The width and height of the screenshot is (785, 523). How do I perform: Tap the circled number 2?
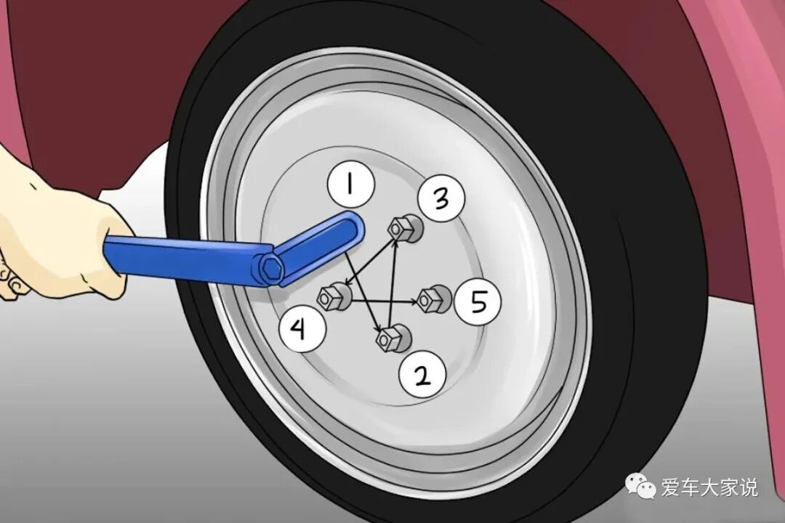point(422,375)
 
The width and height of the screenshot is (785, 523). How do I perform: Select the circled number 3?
point(440,198)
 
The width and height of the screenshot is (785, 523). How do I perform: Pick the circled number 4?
point(303,329)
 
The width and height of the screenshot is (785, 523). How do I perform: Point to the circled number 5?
point(478,301)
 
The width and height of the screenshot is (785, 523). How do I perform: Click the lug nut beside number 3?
point(406,229)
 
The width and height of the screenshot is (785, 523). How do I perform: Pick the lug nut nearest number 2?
point(393,338)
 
